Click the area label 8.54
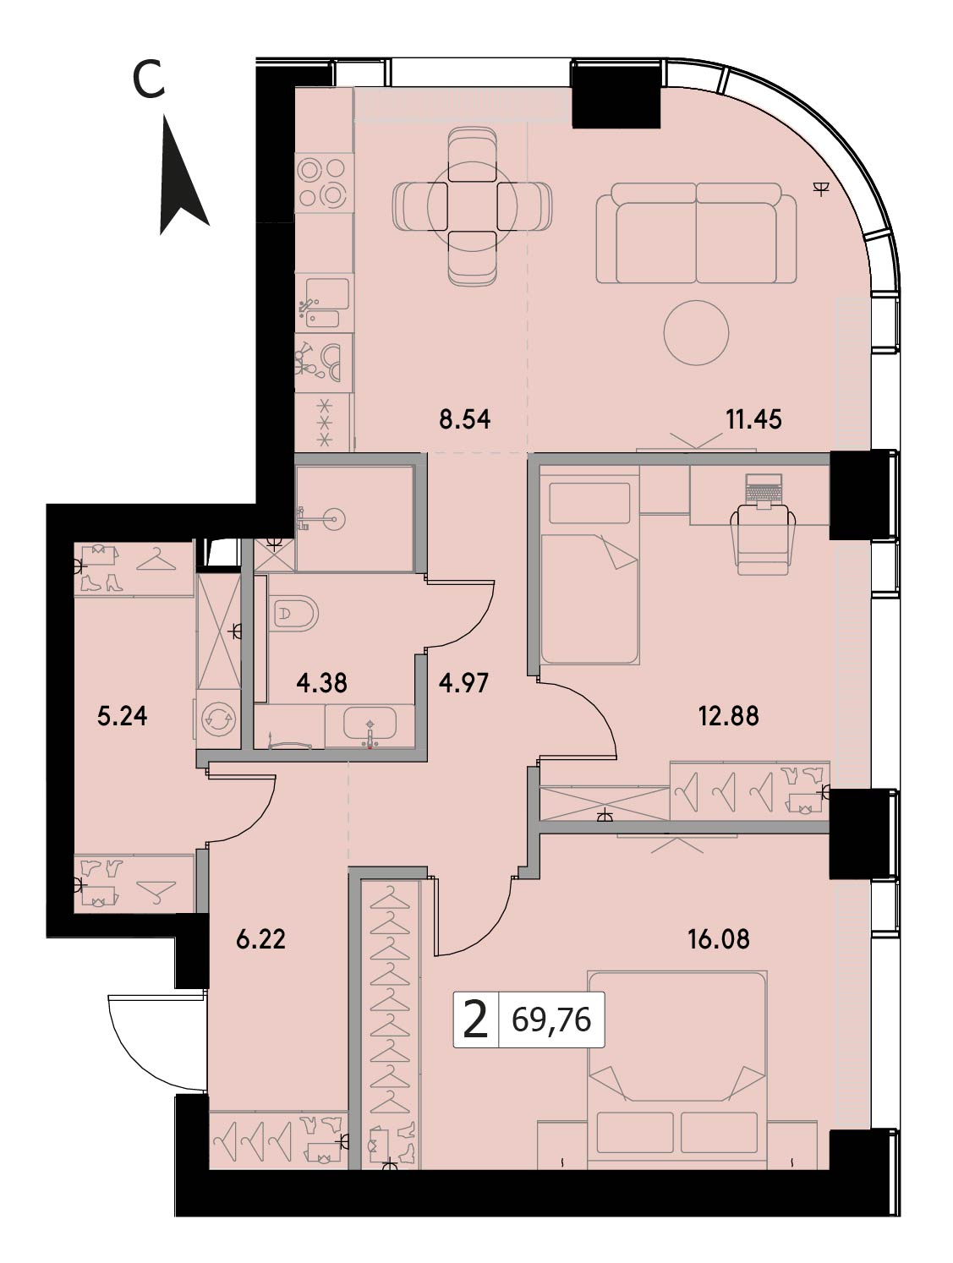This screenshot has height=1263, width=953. [x=464, y=419]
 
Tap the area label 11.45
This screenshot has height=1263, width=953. [x=753, y=419]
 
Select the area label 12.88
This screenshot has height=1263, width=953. [x=729, y=716]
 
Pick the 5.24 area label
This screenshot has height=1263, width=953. [x=123, y=716]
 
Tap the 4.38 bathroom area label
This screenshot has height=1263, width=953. [x=321, y=683]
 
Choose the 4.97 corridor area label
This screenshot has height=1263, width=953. [x=463, y=683]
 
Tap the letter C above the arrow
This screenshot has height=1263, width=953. [x=149, y=79]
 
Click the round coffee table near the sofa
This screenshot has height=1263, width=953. [x=696, y=332]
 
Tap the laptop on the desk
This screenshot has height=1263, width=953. [x=764, y=491]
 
